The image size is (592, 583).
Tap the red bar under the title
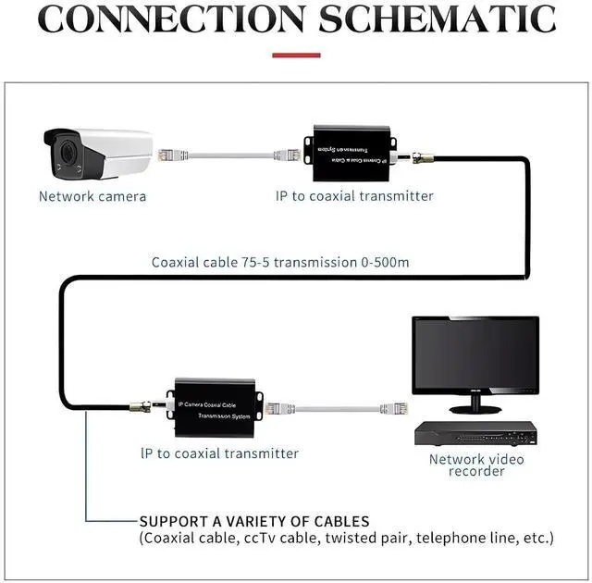pyautogui.click(x=296, y=56)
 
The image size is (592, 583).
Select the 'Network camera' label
pyautogui.click(x=92, y=196)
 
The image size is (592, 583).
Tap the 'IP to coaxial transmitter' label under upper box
pyautogui.click(x=354, y=196)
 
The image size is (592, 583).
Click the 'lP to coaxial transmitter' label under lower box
pyautogui.click(x=219, y=453)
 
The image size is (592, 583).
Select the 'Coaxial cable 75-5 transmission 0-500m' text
pyautogui.click(x=280, y=262)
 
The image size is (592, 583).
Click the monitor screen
pyautogui.click(x=475, y=355)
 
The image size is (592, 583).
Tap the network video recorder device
pyautogui.click(x=475, y=433)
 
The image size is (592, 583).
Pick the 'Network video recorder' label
pyautogui.click(x=476, y=465)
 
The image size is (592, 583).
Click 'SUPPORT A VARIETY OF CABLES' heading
pyautogui.click(x=254, y=521)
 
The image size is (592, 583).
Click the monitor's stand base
pyautogui.click(x=475, y=408)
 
